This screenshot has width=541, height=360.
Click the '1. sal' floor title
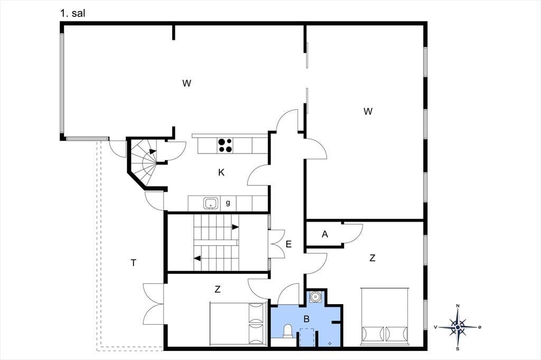click(72, 13)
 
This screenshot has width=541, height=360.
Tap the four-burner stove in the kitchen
click(225, 145)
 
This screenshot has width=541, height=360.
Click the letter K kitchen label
click(221, 173)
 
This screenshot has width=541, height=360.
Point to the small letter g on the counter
click(228, 203)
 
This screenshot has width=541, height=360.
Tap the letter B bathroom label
click(306, 319)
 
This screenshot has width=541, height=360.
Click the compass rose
click(458, 327)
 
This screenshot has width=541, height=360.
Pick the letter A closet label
click(325, 234)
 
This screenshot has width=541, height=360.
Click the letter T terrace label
click(134, 263)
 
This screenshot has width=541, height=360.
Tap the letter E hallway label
click(289, 244)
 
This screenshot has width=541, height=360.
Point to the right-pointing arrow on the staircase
click(235, 227)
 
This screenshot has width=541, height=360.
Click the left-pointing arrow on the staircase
click(198, 258)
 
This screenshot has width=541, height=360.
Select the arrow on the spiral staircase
click(153, 151)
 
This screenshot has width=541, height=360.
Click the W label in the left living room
click(186, 83)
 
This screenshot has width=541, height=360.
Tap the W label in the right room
click(368, 111)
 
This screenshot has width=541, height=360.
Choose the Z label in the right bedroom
click(372, 258)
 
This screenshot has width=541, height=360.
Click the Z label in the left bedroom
click(217, 289)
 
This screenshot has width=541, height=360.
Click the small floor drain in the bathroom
click(330, 343)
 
